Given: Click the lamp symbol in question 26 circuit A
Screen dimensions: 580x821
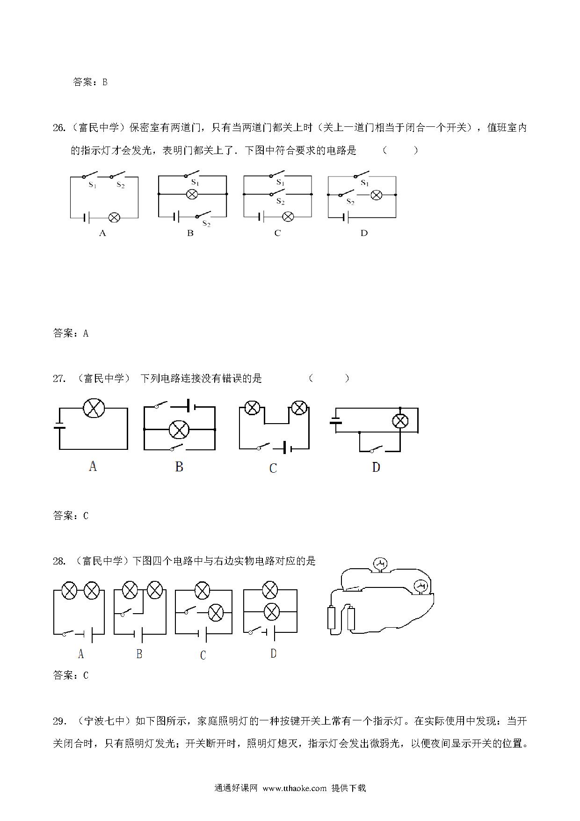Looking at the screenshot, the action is tap(114, 217).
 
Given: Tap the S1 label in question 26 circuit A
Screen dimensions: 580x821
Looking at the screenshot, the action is tap(93, 185).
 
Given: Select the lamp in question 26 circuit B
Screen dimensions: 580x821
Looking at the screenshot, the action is tap(192, 194).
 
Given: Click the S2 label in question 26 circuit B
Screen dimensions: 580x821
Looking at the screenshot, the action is tap(206, 224).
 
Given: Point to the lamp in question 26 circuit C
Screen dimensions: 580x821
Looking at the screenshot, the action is tap(289, 217).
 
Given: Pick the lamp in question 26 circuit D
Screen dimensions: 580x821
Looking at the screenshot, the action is tap(376, 195).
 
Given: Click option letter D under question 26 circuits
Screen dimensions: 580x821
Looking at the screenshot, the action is tap(364, 233).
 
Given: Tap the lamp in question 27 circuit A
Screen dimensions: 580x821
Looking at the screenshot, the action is tap(94, 408).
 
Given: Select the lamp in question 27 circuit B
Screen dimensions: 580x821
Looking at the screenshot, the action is tap(179, 430).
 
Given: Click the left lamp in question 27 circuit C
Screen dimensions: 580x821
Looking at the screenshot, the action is tap(253, 408).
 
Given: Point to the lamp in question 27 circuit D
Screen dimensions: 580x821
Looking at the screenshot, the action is tap(400, 421).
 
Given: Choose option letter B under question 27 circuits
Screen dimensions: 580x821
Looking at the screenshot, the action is tap(179, 466).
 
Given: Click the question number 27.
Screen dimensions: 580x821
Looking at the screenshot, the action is tap(59, 378).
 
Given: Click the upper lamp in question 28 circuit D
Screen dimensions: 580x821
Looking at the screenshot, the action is tap(270, 590).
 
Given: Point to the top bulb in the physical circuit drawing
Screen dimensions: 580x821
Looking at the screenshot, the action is tap(381, 563).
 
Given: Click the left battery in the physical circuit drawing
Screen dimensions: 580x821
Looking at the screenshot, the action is tap(332, 618).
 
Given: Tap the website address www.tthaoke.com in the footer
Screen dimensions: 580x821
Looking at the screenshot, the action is tap(295, 788).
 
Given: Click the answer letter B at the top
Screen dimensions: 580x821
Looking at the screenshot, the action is tap(105, 82).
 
